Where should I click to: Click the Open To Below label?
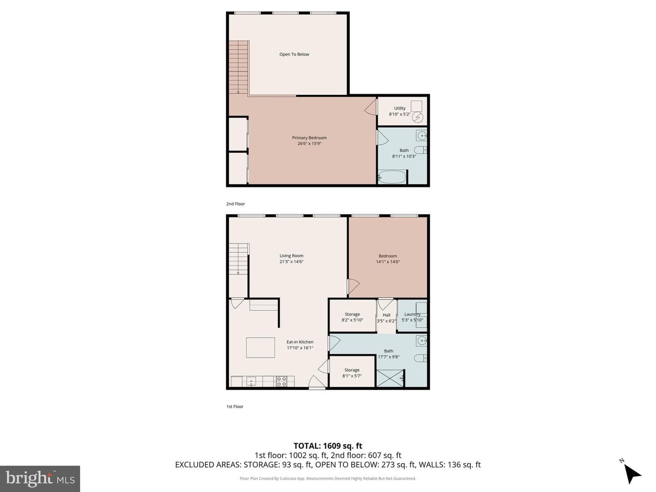(x=294, y=54)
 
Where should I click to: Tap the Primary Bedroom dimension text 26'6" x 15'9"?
(x=309, y=143)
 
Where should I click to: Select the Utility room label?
(x=400, y=108)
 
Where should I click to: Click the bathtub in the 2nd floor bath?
(x=392, y=177)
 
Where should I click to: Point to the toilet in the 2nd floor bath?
(x=420, y=150)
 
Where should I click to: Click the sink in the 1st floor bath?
(x=422, y=340)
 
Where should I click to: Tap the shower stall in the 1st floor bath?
(x=390, y=378)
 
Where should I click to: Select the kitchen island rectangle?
(x=260, y=348)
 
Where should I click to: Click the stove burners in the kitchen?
(x=282, y=381)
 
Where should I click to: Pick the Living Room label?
(x=292, y=256)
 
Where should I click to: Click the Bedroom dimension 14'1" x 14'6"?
(x=388, y=262)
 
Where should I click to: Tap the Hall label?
(x=386, y=315)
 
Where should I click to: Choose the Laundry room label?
(x=412, y=314)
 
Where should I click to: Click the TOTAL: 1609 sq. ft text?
(x=328, y=446)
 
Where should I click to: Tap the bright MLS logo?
(x=40, y=478)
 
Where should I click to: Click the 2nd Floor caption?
(x=236, y=204)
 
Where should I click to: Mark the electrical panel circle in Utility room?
(x=417, y=118)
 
